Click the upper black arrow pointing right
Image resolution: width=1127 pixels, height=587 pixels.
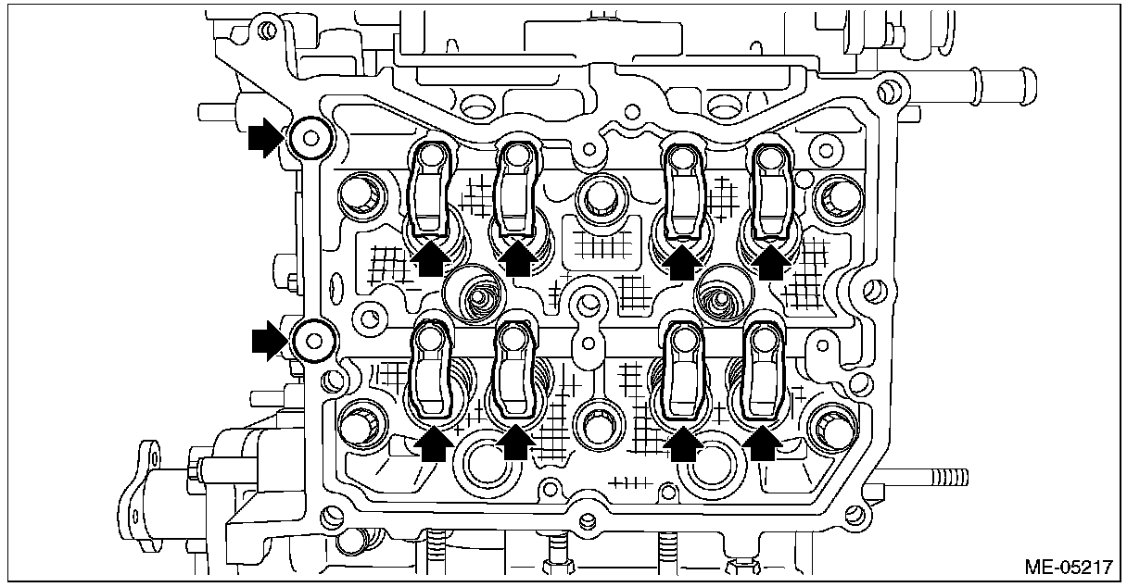264,139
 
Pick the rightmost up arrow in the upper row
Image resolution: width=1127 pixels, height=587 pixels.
770,260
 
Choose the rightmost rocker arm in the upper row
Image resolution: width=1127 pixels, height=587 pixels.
771,190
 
